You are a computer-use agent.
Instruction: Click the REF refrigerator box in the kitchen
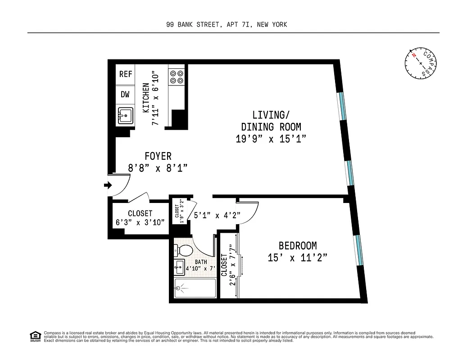tap(126, 74)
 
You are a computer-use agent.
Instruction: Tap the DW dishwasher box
tap(125, 94)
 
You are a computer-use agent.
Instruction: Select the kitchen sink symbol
tap(126, 116)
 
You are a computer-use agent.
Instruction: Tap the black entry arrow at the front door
tap(108, 185)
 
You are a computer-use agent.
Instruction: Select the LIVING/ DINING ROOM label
tap(271, 126)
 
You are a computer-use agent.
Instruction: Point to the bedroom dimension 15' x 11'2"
tap(297, 258)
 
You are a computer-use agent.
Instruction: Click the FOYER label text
tap(158, 156)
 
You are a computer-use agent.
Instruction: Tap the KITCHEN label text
tap(146, 98)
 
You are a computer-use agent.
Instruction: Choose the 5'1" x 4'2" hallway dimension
tap(216, 216)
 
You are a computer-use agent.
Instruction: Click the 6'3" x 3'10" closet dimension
tap(140, 222)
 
